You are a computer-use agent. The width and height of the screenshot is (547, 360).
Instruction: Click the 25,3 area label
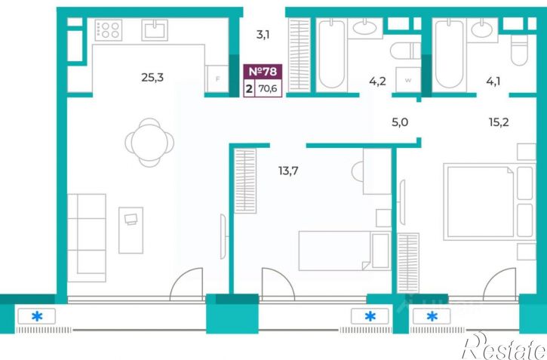click(152, 78)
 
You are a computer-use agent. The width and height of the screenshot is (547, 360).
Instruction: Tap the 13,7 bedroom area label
click(288, 171)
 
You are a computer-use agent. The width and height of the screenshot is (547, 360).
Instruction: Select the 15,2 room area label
click(499, 122)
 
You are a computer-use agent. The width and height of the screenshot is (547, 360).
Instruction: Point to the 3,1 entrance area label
click(263, 35)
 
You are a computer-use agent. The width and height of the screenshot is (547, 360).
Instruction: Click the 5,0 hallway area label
click(400, 122)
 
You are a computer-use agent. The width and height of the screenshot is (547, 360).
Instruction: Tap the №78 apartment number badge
click(263, 72)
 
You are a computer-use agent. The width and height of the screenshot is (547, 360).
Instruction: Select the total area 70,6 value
click(268, 88)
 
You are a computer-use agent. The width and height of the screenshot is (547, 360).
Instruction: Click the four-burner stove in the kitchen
click(109, 30)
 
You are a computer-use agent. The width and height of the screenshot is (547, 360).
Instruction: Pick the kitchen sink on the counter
click(155, 30)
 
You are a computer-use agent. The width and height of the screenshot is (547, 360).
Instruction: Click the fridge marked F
click(217, 78)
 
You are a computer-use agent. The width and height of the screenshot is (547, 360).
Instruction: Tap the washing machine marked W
click(408, 80)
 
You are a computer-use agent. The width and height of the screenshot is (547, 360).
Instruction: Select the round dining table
click(149, 143)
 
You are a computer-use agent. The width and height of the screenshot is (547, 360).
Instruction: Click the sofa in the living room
click(87, 238)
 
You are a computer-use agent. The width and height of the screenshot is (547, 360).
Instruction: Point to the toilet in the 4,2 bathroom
click(405, 51)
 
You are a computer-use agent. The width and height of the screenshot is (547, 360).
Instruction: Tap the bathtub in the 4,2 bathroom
click(332, 54)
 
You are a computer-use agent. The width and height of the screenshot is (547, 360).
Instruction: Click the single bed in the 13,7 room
click(345, 251)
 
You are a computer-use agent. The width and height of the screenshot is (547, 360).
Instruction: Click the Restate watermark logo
click(505, 346)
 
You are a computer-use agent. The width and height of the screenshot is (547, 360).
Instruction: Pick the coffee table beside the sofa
click(131, 230)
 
